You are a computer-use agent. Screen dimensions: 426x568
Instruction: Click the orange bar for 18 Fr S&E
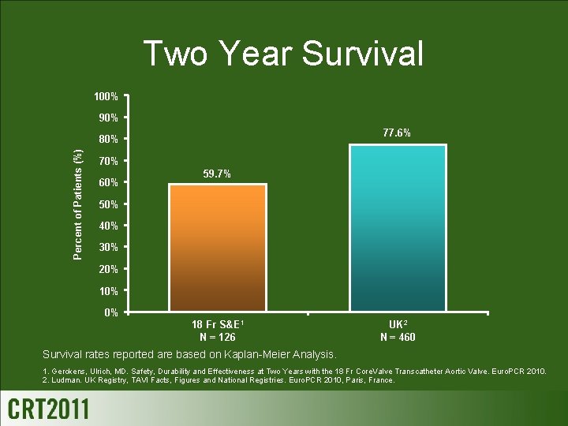(x=218, y=248)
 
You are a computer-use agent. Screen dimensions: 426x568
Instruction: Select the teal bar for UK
(x=398, y=228)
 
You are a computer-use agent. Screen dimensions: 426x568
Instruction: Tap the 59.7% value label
(x=217, y=174)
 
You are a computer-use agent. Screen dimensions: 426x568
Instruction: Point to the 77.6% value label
(x=396, y=133)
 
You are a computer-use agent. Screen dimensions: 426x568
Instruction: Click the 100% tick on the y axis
(x=105, y=97)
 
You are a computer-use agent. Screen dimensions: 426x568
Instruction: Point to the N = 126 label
(x=217, y=338)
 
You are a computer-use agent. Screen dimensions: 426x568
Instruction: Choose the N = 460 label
(x=398, y=338)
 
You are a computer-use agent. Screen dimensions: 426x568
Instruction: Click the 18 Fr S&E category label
(x=217, y=325)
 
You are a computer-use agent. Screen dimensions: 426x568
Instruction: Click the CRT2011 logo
(x=49, y=409)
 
